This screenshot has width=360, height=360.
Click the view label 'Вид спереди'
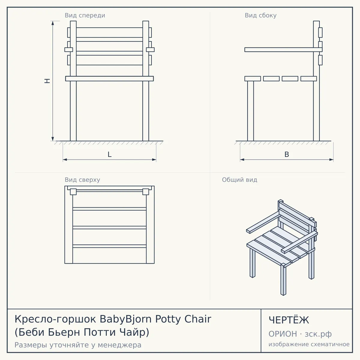click(x=85, y=15)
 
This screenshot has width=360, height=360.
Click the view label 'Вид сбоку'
click(x=261, y=15)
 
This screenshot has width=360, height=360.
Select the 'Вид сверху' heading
click(x=82, y=180)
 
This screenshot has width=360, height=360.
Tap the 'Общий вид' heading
click(x=239, y=180)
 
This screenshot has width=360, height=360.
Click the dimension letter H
click(x=47, y=81)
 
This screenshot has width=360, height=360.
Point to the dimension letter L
click(x=110, y=154)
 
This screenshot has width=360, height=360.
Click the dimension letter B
click(x=286, y=154)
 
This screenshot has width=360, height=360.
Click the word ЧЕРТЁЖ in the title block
click(x=289, y=320)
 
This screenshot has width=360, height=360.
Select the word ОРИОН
click(x=283, y=334)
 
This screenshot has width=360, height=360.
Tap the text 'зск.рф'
click(x=318, y=334)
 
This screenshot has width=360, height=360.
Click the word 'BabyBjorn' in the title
click(x=125, y=319)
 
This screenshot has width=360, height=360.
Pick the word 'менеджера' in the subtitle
click(x=120, y=345)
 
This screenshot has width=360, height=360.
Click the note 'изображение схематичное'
click(x=309, y=344)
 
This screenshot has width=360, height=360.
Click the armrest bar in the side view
click(x=283, y=49)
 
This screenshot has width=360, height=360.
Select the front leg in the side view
click(x=250, y=111)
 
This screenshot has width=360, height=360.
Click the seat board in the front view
click(x=109, y=79)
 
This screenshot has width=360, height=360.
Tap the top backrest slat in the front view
click(x=109, y=32)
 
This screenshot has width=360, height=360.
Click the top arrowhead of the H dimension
click(x=53, y=23)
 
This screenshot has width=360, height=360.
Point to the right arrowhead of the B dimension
click(x=331, y=160)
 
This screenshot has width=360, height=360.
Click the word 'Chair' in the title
click(x=198, y=319)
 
